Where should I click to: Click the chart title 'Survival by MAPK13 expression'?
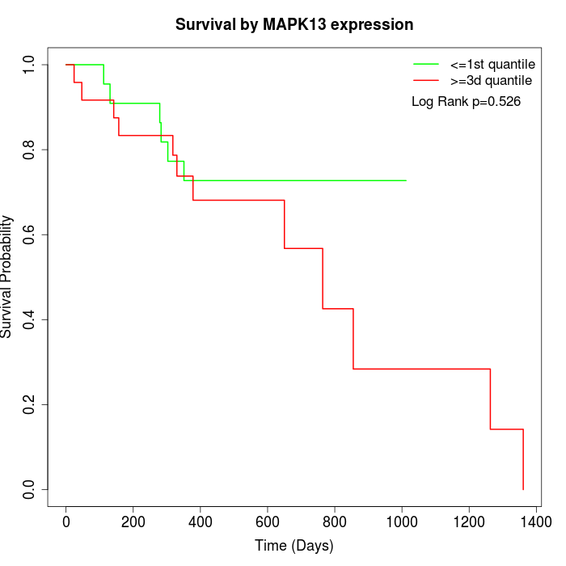pyautogui.click(x=294, y=25)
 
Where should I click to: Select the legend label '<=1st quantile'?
pyautogui.click(x=492, y=63)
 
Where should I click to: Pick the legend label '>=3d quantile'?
pyautogui.click(x=492, y=81)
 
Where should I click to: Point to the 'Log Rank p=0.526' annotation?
pyautogui.click(x=466, y=102)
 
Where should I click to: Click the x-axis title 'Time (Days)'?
pyautogui.click(x=294, y=546)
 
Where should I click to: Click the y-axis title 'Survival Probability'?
pyautogui.click(x=7, y=277)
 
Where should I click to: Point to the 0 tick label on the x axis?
pyautogui.click(x=66, y=522)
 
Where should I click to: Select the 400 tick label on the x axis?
pyautogui.click(x=200, y=522)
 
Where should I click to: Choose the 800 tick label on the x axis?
pyautogui.click(x=334, y=522)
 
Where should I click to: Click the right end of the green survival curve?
pyautogui.click(x=405, y=180)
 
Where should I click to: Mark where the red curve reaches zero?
pyautogui.click(x=523, y=489)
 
